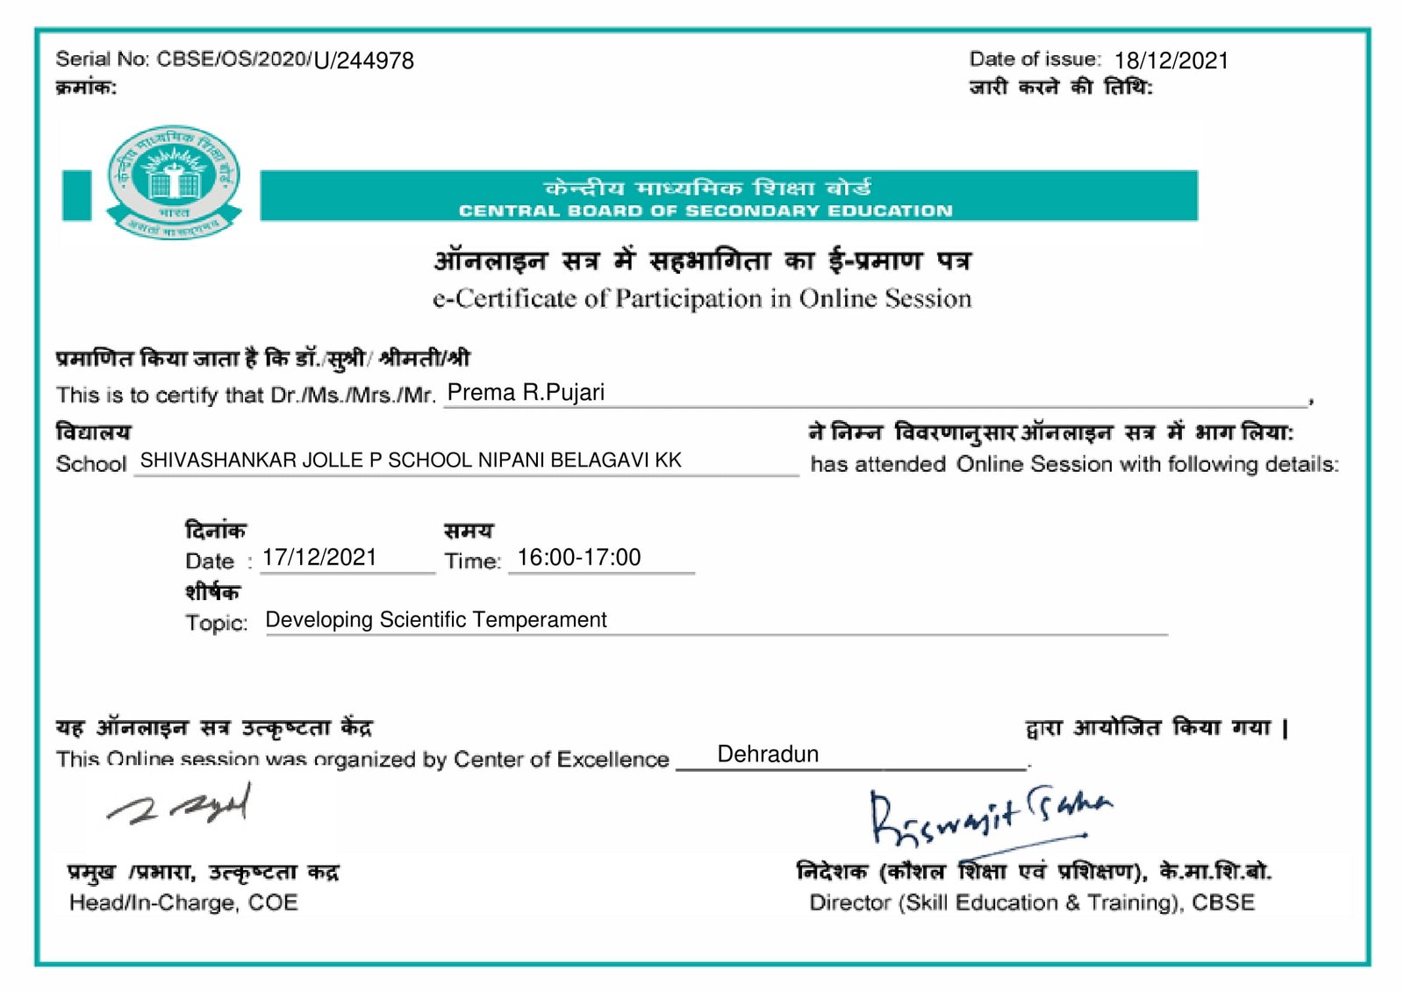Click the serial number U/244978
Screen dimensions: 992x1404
(363, 61)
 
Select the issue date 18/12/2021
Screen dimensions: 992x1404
(1171, 61)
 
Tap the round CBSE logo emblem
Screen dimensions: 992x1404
(174, 182)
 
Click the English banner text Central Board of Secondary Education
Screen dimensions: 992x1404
(705, 211)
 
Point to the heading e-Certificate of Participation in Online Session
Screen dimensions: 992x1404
(702, 299)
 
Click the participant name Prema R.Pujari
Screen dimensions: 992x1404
(526, 392)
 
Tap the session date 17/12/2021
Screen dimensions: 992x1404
(319, 558)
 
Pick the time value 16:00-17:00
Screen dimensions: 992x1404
(579, 558)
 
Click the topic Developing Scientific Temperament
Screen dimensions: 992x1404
(436, 620)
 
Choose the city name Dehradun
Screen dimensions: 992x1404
(768, 754)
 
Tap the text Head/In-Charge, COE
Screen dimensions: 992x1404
(183, 903)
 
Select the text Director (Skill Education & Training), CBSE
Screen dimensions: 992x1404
(1032, 903)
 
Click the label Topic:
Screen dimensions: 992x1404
(216, 623)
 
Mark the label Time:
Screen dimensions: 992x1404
(472, 561)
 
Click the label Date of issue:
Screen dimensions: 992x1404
(1035, 60)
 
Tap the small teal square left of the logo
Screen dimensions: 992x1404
(77, 195)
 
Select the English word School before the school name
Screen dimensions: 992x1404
(91, 464)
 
